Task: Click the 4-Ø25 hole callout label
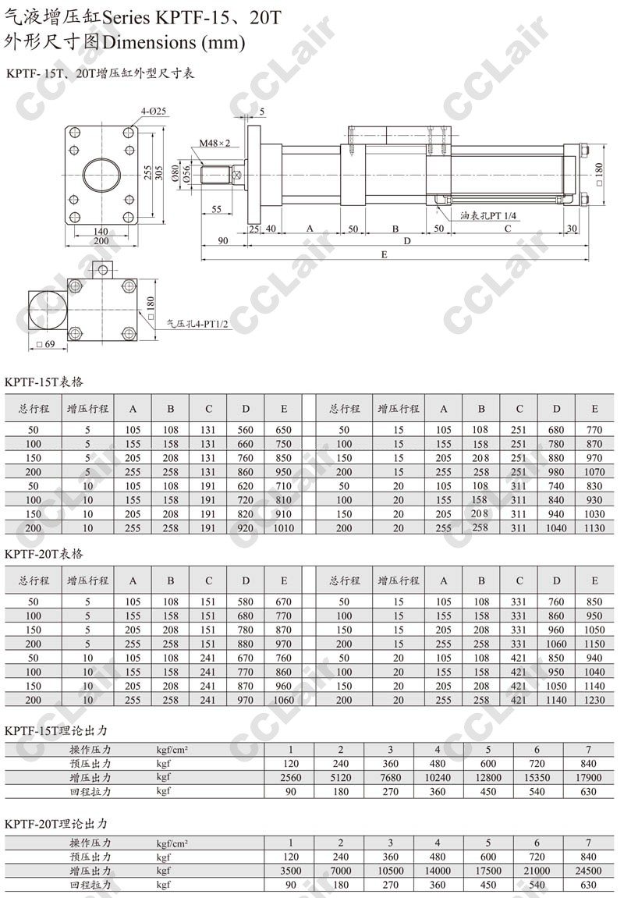point(154,111)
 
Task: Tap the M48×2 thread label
point(214,144)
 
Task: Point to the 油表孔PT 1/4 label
point(488,216)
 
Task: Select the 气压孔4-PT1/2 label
point(197,324)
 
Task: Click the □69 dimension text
point(45,344)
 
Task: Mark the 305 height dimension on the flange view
point(159,172)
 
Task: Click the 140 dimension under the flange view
point(101,232)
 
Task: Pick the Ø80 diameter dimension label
point(175,172)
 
